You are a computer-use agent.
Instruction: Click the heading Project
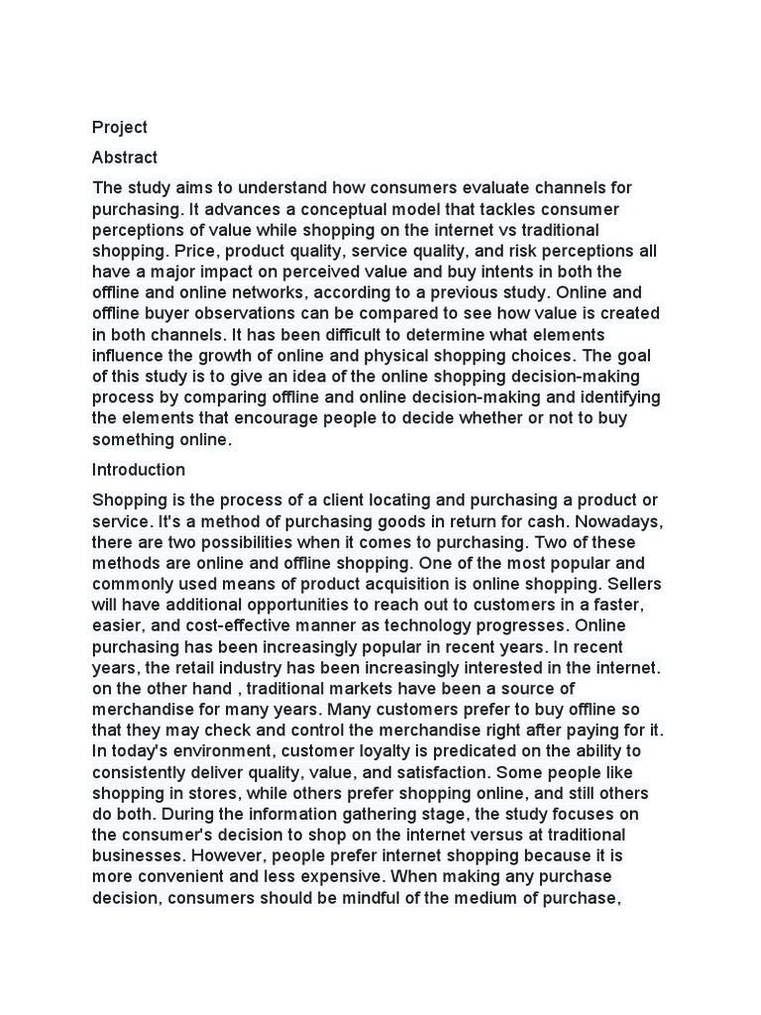point(119,127)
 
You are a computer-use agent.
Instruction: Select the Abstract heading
point(125,158)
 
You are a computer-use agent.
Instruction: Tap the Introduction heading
point(139,470)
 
